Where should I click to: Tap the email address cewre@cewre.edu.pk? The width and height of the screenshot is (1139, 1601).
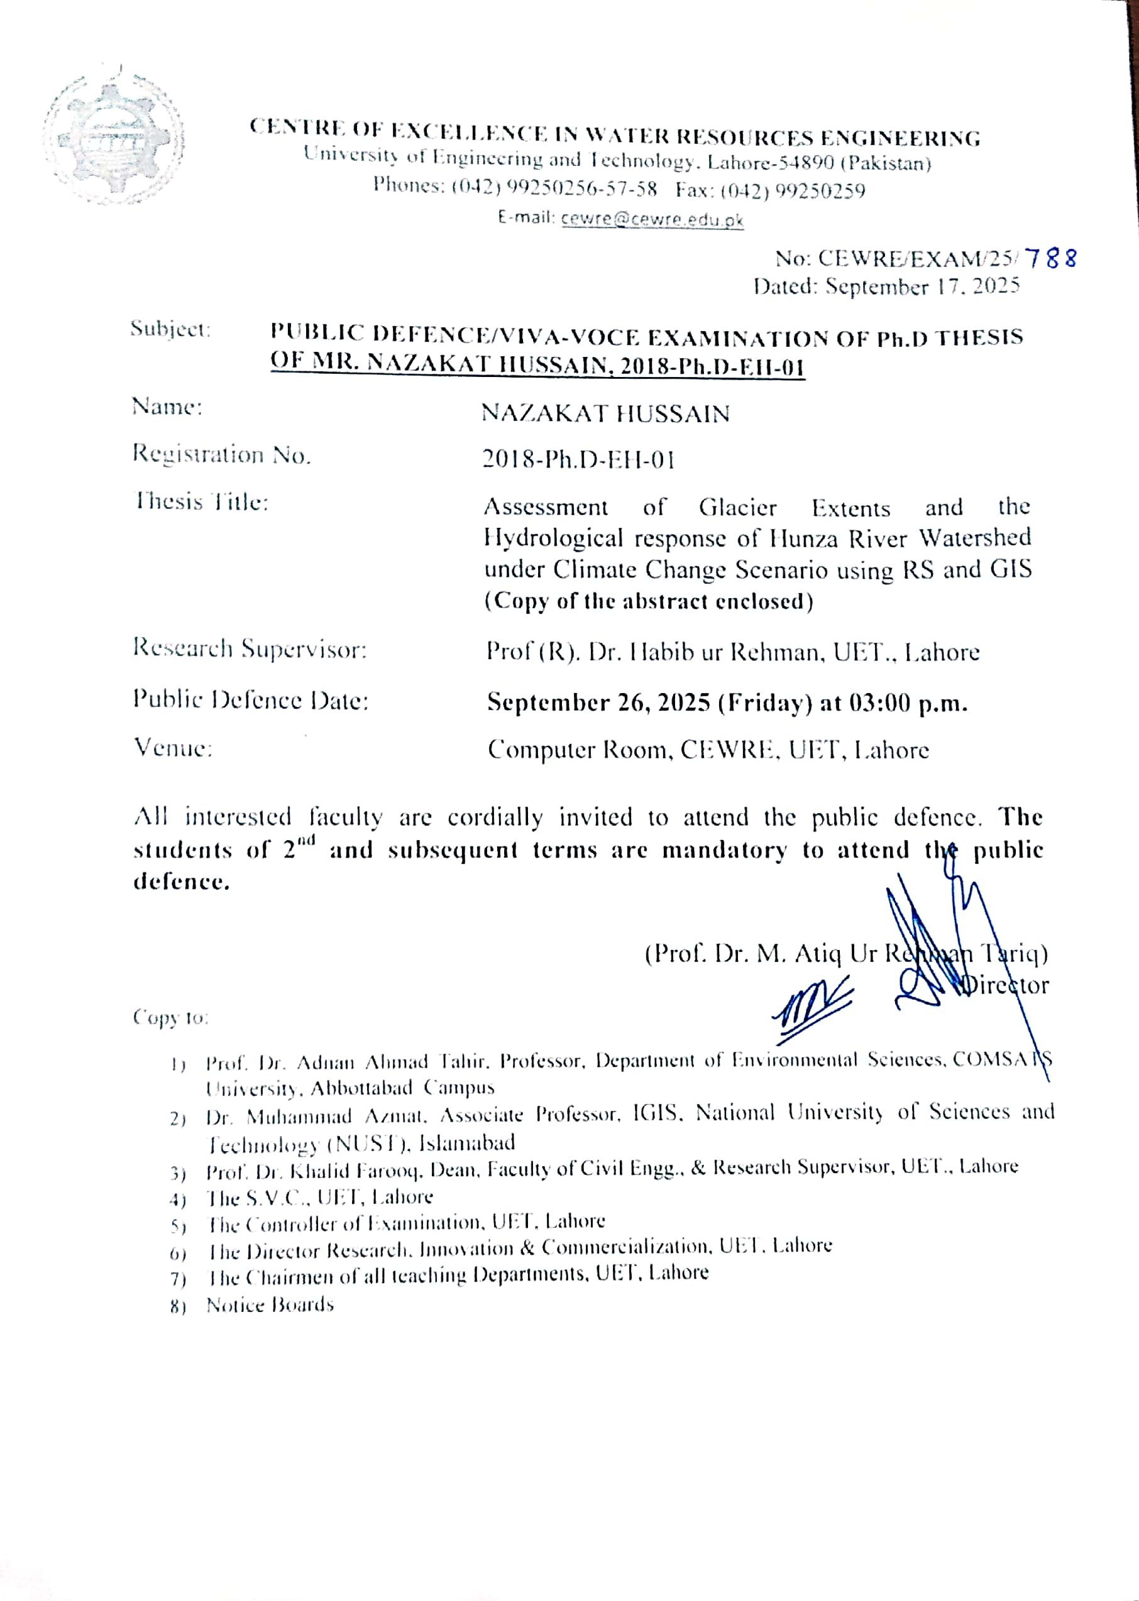tap(652, 219)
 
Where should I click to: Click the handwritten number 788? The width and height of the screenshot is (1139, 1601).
tap(1050, 259)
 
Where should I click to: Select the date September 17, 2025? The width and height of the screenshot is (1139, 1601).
tap(922, 287)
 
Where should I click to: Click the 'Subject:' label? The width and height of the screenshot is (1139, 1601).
tap(170, 329)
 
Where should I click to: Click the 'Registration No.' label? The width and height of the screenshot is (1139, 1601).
tap(221, 455)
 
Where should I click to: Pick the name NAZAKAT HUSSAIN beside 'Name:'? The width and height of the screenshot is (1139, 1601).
tap(605, 413)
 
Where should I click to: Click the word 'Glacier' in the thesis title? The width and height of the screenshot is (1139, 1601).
tap(737, 508)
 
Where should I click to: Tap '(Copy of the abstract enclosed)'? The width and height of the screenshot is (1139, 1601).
tap(649, 601)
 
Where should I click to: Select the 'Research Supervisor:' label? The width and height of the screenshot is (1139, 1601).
tap(250, 649)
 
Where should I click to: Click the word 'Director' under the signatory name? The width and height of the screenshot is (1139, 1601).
tap(1004, 986)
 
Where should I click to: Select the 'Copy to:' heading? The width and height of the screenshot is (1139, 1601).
tap(170, 1017)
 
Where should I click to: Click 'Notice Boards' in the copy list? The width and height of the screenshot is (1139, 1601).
tap(270, 1305)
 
